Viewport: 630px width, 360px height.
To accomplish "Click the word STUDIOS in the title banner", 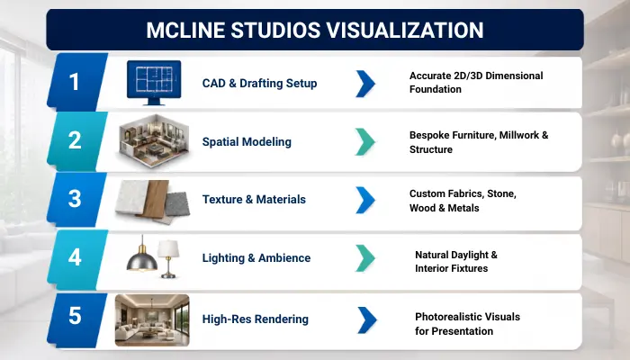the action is [x=274, y=30].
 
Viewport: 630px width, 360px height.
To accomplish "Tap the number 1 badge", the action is [x=76, y=82].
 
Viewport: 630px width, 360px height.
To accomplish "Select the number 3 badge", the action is [x=76, y=199].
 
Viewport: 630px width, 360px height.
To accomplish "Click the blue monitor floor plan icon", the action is [x=154, y=83].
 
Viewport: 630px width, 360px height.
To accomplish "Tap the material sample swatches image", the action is [x=153, y=202].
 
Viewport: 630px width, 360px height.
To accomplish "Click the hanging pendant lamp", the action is [x=142, y=255].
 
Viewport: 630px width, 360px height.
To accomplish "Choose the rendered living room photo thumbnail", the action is [x=152, y=320].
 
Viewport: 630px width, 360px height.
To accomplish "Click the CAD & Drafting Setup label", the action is [x=259, y=83].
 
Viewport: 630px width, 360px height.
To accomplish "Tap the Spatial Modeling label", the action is [x=247, y=142].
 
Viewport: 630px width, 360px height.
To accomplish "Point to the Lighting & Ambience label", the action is [x=256, y=258].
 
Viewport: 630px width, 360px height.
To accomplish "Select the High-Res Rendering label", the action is [x=256, y=319].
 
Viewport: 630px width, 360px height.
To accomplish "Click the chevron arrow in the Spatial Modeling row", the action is [x=365, y=141].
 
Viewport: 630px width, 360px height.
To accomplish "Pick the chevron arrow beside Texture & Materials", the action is [x=365, y=200].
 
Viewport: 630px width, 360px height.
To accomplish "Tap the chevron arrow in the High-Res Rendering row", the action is [x=367, y=320].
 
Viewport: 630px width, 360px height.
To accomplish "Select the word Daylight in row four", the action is [x=469, y=255].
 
